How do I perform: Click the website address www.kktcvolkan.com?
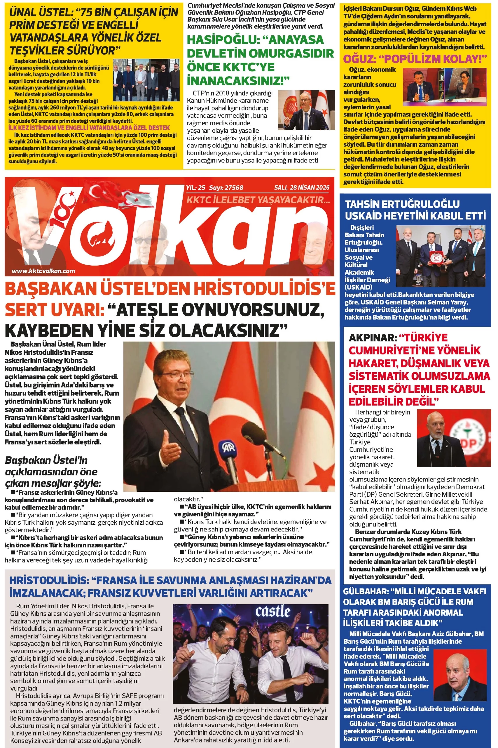point(43,271)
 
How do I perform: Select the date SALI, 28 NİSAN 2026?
point(302,188)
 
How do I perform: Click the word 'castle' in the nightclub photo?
point(273,611)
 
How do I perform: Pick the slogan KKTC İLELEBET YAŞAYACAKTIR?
point(258,200)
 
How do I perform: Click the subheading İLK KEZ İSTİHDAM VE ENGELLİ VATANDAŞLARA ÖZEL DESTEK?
point(89,128)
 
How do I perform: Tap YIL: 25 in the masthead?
point(196,188)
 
